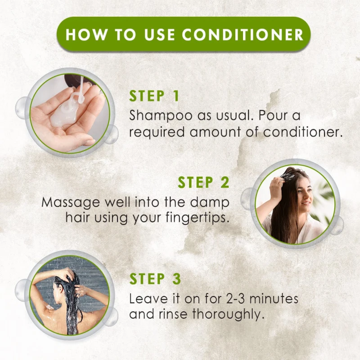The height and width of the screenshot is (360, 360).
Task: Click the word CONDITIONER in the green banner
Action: coord(243,35)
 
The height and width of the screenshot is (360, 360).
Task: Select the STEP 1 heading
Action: coord(154,96)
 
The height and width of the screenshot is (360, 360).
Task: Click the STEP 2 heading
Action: coord(203,182)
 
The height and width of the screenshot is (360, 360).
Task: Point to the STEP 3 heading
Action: coord(155,279)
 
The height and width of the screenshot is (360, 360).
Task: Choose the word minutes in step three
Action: coord(274,299)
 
